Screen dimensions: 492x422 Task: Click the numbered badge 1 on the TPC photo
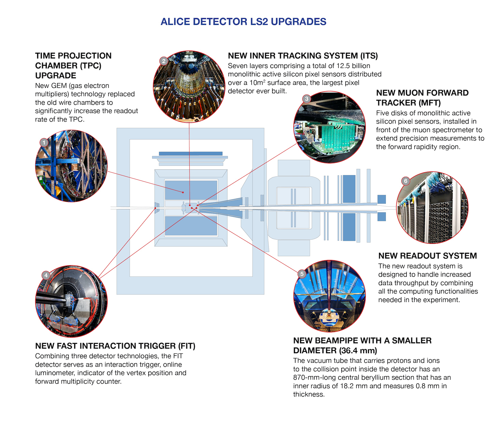point(44,143)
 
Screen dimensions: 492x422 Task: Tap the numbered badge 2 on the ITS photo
point(164,61)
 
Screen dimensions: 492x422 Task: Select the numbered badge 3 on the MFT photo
point(306,99)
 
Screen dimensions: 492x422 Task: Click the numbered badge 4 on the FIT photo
point(46,275)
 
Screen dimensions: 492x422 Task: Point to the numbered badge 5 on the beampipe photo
point(302,274)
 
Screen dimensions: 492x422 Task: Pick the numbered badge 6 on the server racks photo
point(406,181)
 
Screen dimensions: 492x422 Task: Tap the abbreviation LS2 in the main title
point(259,22)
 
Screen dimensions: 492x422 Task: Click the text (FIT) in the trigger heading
point(186,346)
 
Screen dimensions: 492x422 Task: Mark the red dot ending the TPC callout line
point(183,192)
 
